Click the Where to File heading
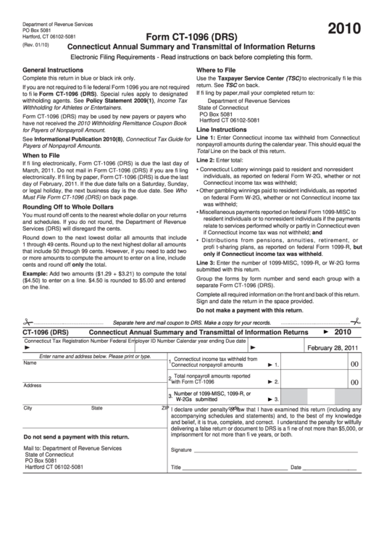220,70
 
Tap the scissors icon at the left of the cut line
28,321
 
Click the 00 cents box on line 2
354,382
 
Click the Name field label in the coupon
30,362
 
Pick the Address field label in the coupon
33,385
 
